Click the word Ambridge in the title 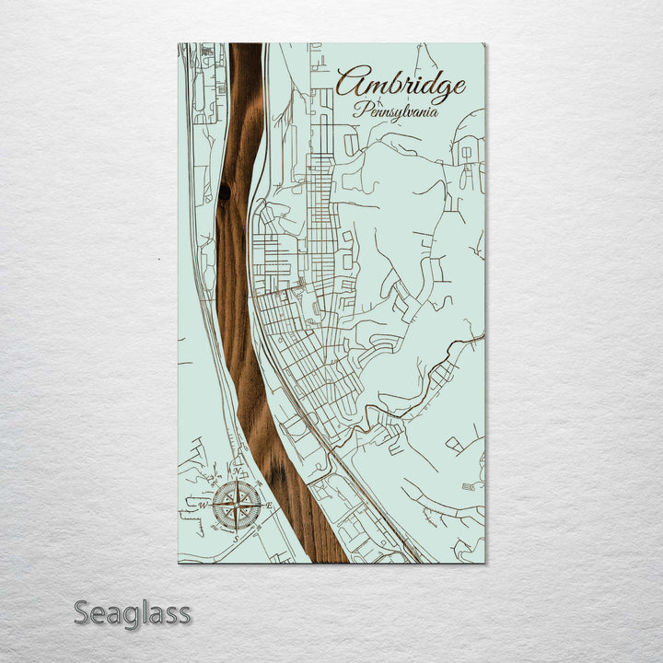click(400, 86)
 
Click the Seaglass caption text click(133, 612)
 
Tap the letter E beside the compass click(269, 505)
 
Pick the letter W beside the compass click(204, 506)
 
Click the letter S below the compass click(237, 538)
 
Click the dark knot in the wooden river click(224, 192)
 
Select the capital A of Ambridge click(351, 84)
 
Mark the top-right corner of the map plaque click(485, 44)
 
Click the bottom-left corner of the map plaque click(179, 563)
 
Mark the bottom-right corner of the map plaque click(485, 563)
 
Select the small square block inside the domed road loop click(466, 152)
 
